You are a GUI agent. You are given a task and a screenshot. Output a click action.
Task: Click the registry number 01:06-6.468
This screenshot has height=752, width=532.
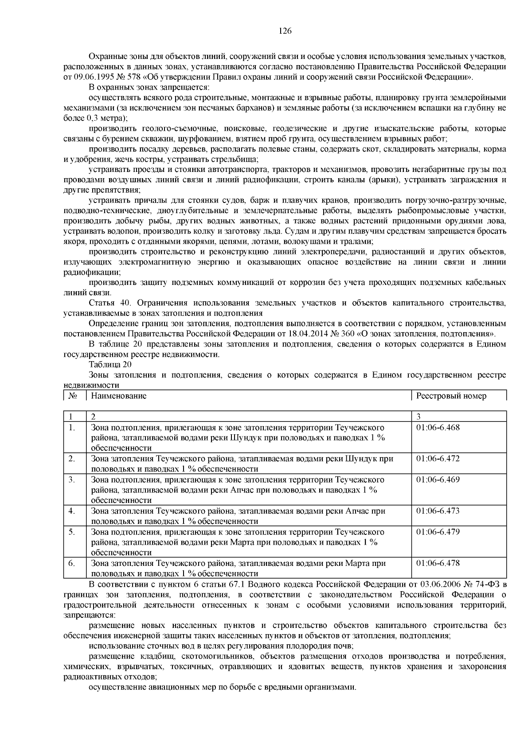tap(438, 428)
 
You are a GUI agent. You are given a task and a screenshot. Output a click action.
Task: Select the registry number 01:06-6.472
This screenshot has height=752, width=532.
tap(438, 459)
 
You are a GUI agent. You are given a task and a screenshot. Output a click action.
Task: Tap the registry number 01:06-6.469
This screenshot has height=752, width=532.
tap(438, 480)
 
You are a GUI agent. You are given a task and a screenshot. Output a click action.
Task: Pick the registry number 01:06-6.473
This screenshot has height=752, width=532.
tap(438, 511)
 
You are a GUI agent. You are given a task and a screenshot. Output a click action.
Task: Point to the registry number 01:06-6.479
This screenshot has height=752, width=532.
tap(438, 532)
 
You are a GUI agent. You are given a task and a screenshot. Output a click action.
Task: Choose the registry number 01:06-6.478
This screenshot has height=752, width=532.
tap(438, 563)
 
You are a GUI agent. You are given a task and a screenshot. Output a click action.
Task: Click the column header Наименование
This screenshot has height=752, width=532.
tap(119, 396)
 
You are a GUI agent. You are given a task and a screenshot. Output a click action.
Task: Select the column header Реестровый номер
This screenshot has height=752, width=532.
tap(451, 396)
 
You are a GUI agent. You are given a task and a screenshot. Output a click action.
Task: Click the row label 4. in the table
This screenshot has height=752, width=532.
tap(72, 511)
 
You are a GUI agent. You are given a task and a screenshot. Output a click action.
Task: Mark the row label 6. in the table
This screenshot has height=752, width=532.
tap(72, 563)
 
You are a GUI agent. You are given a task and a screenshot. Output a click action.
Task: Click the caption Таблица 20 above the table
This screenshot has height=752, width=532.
tap(110, 365)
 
